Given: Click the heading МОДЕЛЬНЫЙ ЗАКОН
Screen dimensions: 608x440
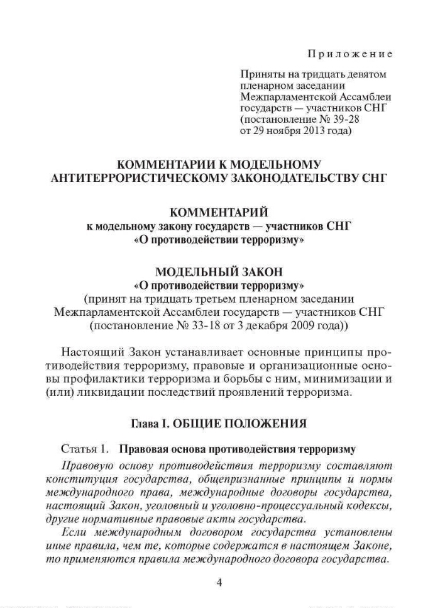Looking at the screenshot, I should click(x=219, y=272).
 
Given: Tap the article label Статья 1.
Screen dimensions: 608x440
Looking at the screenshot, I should click(x=82, y=449).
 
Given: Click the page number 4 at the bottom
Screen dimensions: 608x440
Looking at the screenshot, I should click(x=219, y=582).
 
